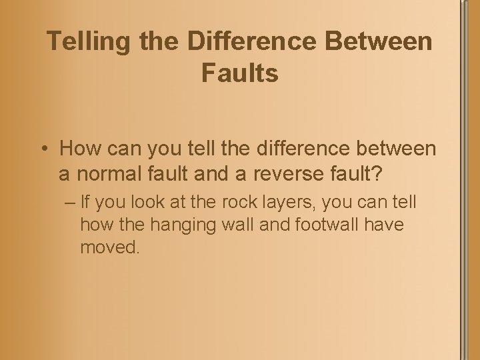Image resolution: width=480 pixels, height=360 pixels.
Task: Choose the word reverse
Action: pyautogui.click(x=297, y=174)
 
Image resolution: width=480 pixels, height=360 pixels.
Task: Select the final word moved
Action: pyautogui.click(x=110, y=248)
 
